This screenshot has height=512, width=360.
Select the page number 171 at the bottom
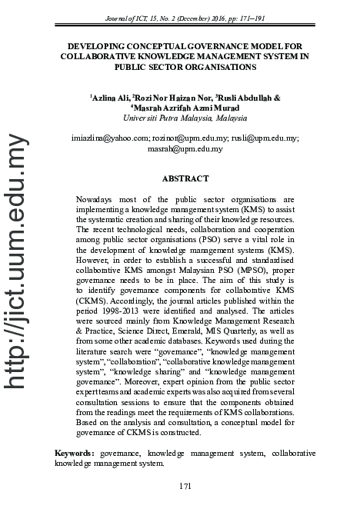point(184,486)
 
